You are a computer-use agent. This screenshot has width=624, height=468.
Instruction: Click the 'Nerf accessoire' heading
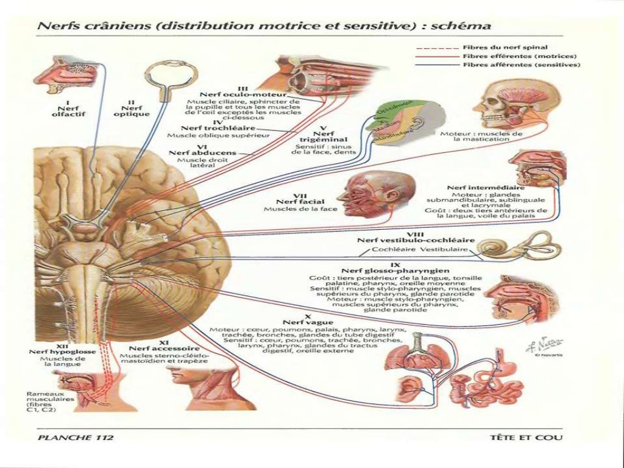[168, 347]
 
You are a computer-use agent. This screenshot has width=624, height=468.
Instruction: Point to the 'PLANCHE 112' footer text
[76, 437]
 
